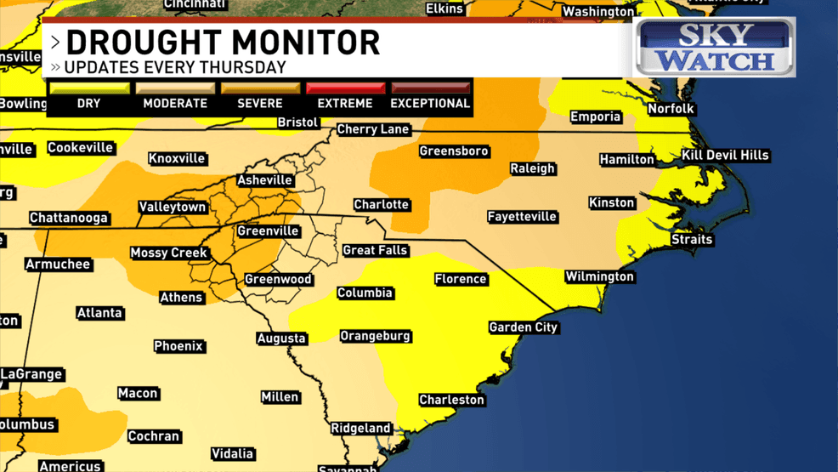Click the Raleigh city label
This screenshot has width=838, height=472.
532,168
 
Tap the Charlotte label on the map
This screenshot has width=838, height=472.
382,205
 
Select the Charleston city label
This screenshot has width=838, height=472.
451,400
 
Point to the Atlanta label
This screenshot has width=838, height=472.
99,313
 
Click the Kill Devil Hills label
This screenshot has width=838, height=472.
725,156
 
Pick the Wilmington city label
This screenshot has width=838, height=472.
599,277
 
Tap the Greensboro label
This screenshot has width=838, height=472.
454,151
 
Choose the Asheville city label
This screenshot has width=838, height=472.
265,180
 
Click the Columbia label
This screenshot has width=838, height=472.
365,293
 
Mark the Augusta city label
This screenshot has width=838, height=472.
281,338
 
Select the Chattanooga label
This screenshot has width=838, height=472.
69,219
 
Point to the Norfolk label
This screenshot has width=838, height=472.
671,109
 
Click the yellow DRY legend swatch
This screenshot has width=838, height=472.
89,88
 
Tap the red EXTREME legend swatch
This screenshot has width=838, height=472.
345,88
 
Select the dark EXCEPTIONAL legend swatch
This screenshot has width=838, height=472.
430,88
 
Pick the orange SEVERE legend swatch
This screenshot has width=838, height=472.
260,88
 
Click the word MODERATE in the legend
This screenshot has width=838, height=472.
175,104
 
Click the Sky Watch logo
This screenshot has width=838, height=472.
716,48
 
